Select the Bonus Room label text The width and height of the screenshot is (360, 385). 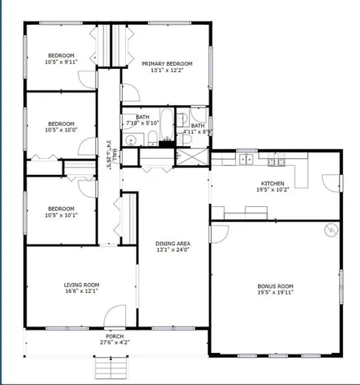(x=274, y=286)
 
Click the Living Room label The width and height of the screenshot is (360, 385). (x=81, y=284)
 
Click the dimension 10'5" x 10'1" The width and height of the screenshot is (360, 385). (x=61, y=214)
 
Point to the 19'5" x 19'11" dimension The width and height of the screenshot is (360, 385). (x=274, y=293)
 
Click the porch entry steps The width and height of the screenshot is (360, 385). (x=111, y=368)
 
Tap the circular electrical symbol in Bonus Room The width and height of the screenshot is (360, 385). (x=329, y=231)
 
